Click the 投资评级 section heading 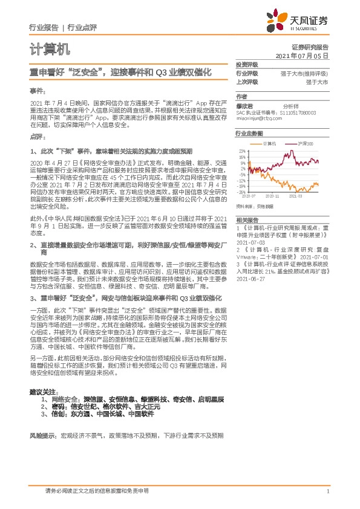(246, 63)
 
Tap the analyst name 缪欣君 (244, 105)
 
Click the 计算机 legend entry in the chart (269, 143)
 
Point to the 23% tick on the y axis (242, 150)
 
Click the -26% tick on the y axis (241, 192)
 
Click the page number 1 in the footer (327, 491)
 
